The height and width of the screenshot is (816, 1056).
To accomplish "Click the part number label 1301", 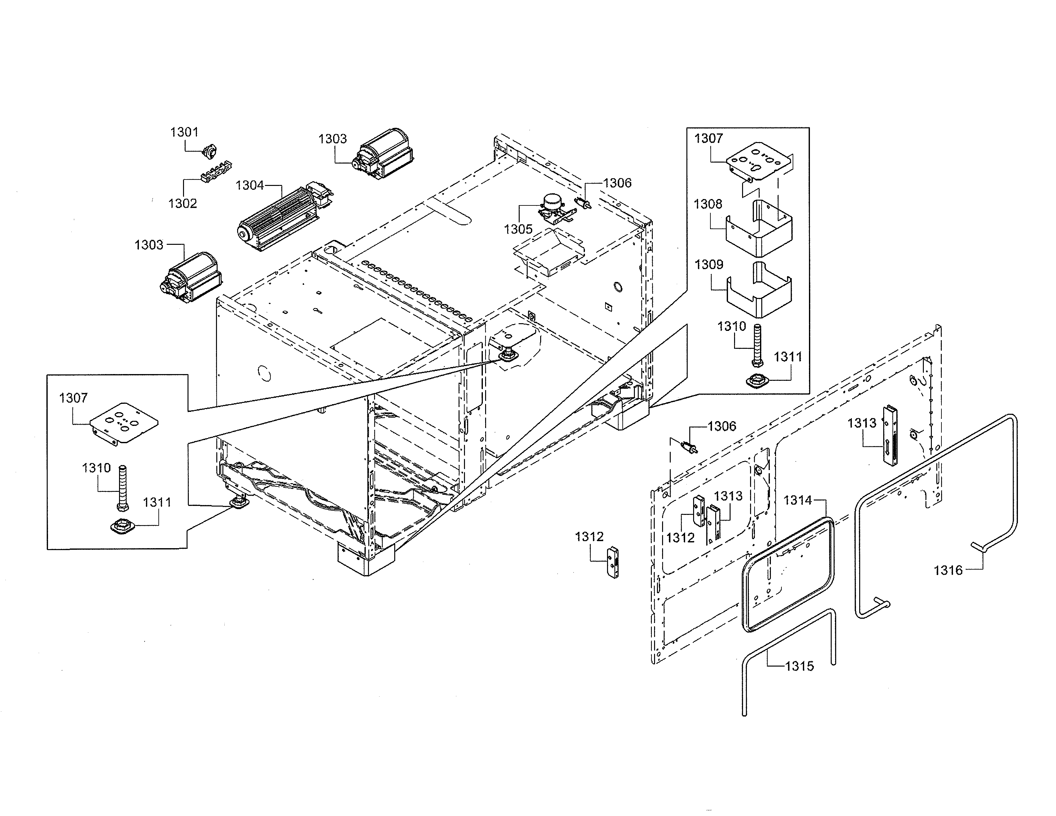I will (184, 132).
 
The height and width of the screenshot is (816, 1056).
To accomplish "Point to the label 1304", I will (250, 186).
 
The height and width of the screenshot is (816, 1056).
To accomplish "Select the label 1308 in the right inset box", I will (708, 204).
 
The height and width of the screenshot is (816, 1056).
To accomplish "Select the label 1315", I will (799, 666).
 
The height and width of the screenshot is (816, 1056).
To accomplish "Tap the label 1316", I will (948, 571).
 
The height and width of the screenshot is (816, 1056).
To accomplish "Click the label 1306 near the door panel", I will (722, 426).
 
